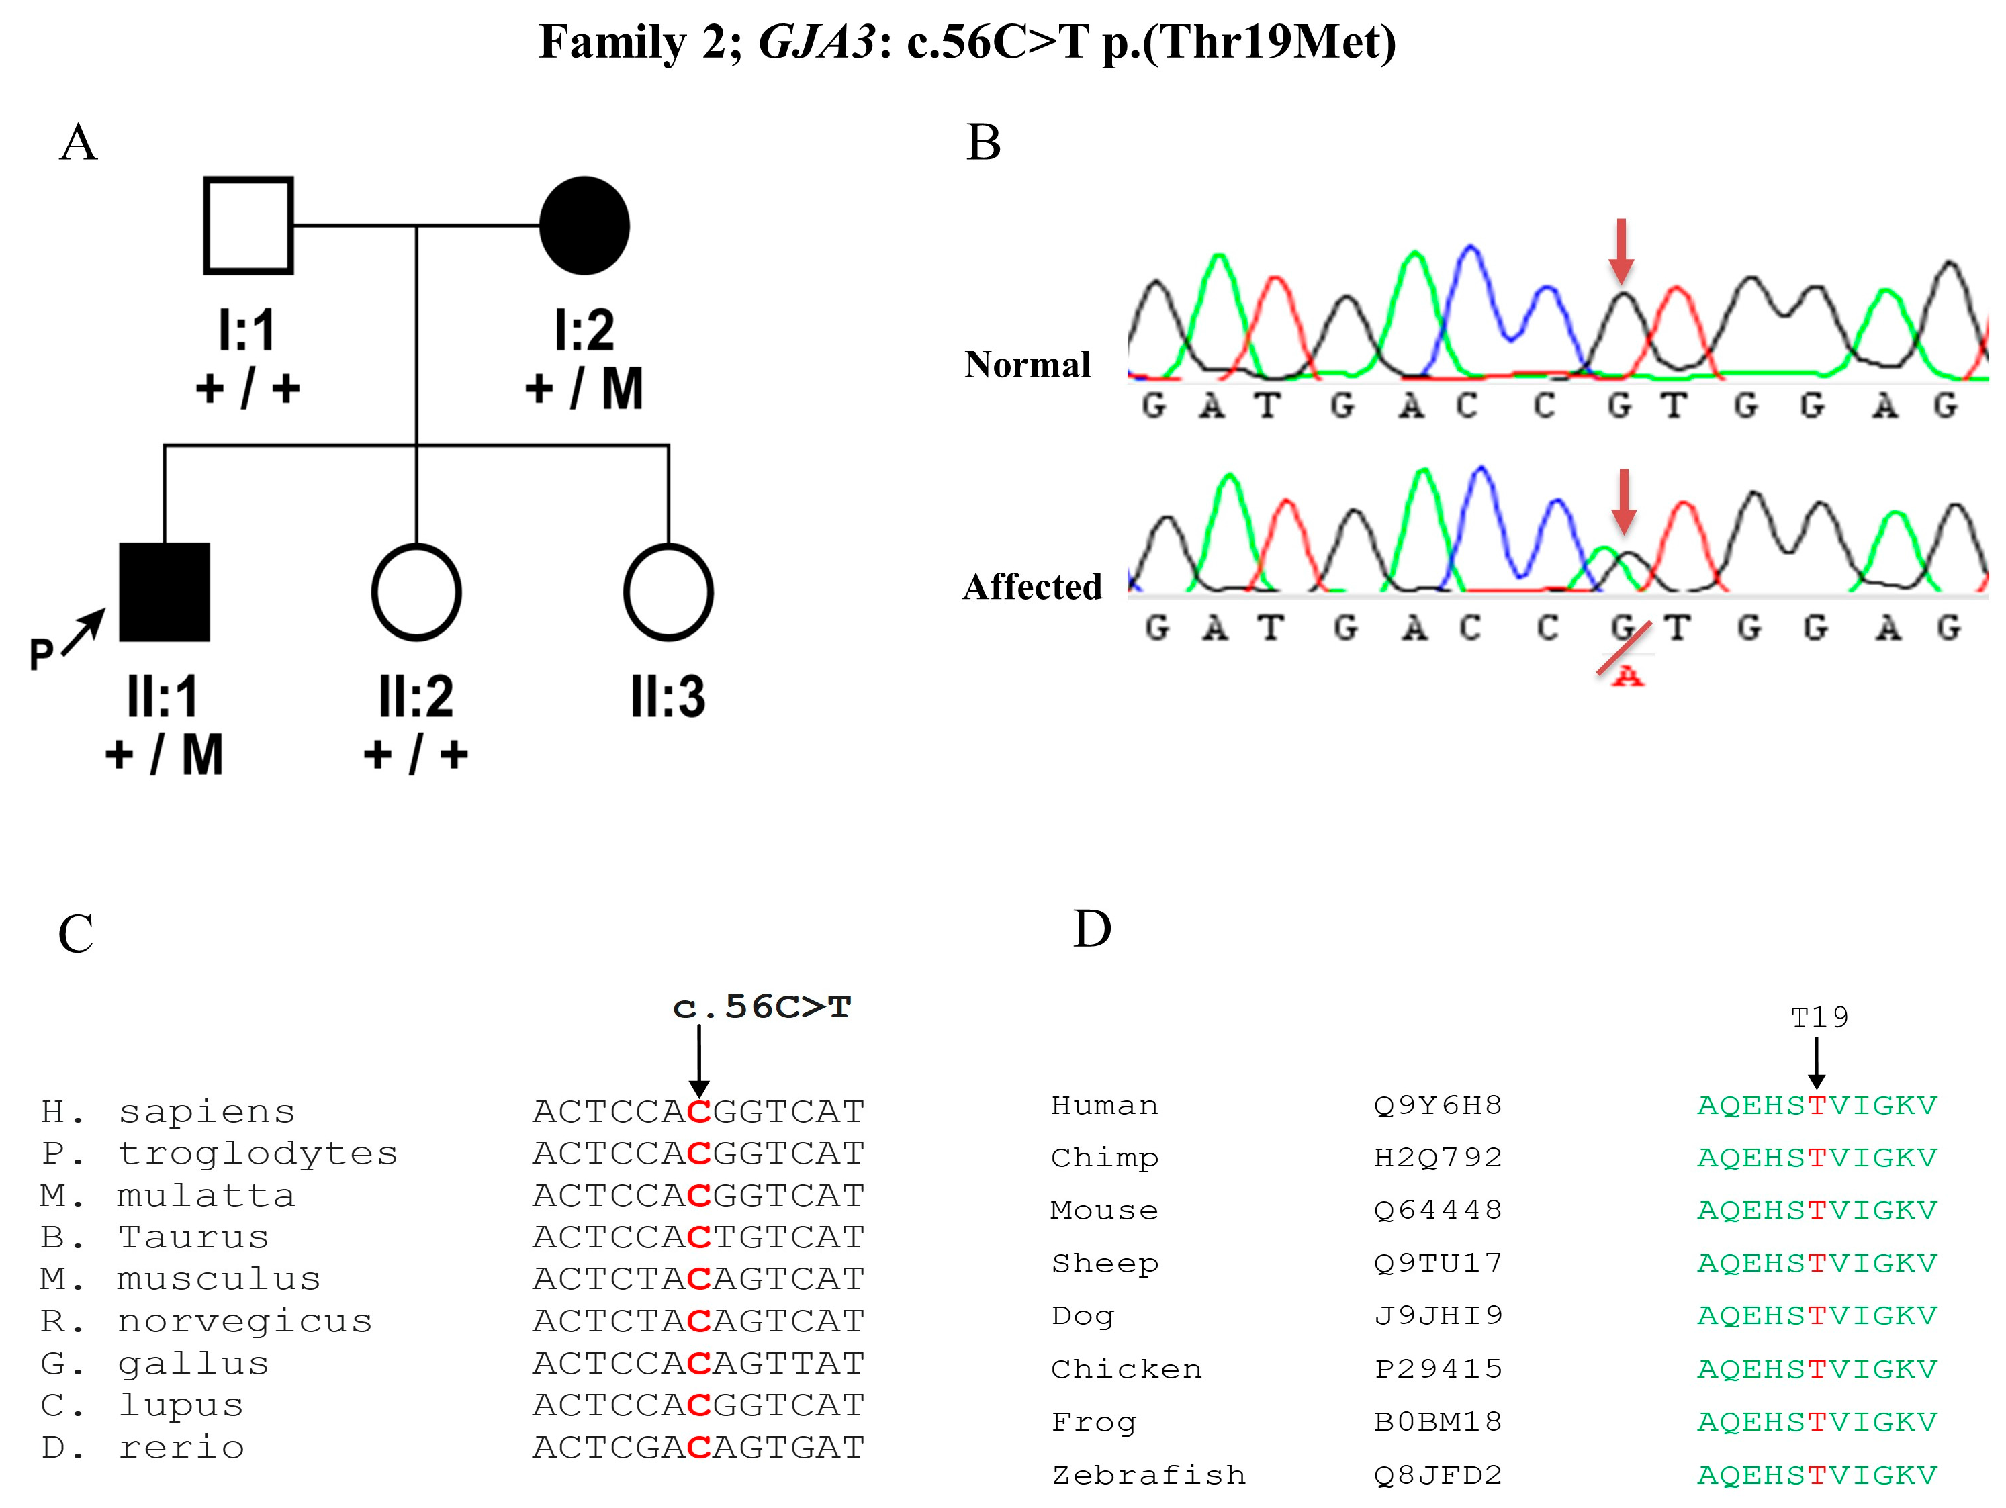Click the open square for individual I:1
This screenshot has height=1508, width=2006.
click(x=248, y=225)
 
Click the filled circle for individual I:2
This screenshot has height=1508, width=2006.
click(x=584, y=225)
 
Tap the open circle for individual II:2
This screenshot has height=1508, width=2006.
click(x=416, y=592)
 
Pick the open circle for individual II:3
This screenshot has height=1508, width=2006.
click(x=668, y=592)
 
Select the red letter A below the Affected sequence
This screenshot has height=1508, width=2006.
click(x=1628, y=675)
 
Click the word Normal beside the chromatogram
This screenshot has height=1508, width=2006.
click(x=1027, y=365)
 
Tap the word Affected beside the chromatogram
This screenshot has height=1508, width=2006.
click(x=1032, y=587)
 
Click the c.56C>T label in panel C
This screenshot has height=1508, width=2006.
click(x=762, y=1006)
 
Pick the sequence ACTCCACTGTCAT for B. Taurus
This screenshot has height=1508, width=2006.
click(x=698, y=1237)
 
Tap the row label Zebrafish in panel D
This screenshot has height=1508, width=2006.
click(x=1148, y=1475)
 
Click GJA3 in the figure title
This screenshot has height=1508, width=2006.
click(x=816, y=42)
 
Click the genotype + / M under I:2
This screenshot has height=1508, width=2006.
click(x=584, y=389)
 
